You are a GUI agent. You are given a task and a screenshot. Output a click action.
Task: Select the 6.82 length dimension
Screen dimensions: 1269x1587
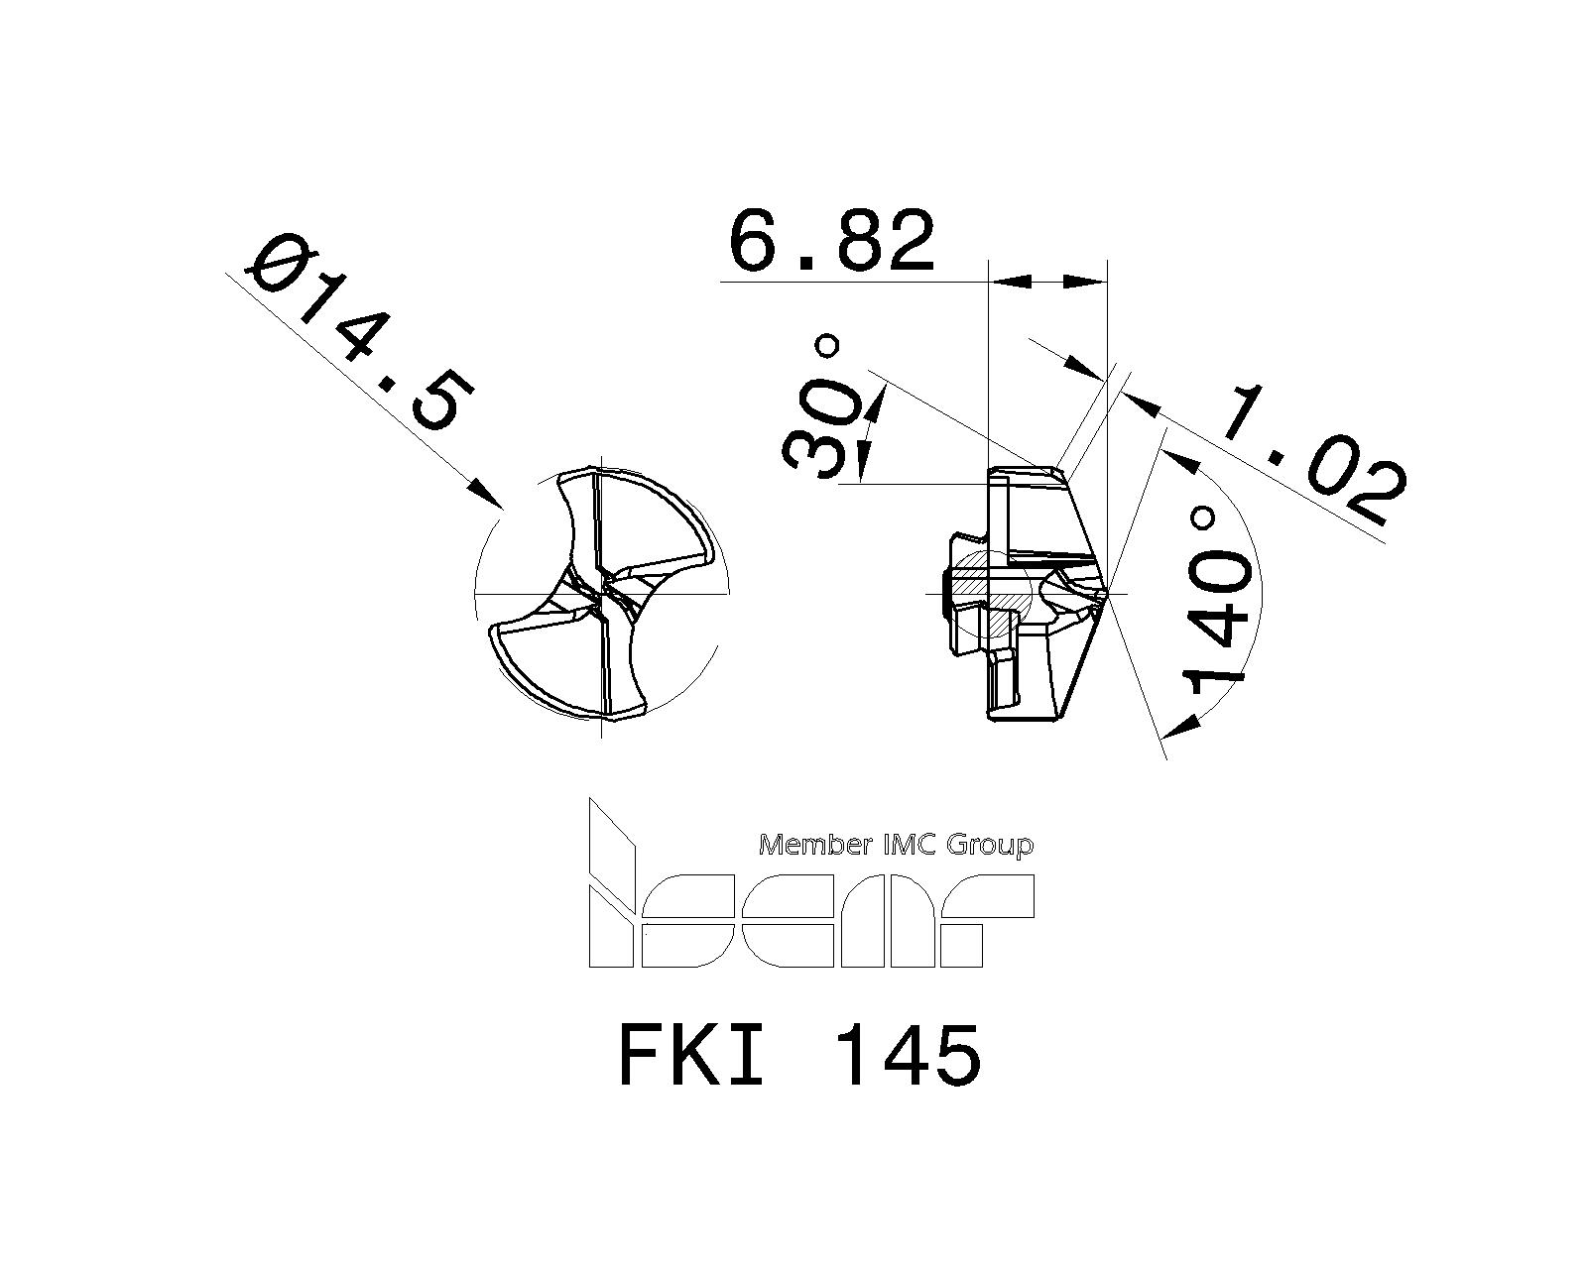click(x=831, y=241)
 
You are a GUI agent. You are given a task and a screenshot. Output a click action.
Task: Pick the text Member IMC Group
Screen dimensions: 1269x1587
click(x=896, y=845)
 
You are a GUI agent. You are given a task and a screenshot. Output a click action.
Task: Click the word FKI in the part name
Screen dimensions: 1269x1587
click(x=691, y=1055)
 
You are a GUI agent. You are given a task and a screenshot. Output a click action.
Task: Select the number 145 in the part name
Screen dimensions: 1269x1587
click(x=909, y=1055)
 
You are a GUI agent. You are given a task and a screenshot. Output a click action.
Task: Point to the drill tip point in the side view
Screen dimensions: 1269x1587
click(x=1105, y=593)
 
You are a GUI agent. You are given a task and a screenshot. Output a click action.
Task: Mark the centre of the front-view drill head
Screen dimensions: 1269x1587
click(x=601, y=593)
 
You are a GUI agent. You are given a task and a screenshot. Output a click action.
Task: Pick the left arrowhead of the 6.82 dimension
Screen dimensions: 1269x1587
click(x=1006, y=283)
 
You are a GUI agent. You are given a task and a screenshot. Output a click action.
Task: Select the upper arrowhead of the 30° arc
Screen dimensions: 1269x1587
click(x=876, y=402)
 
